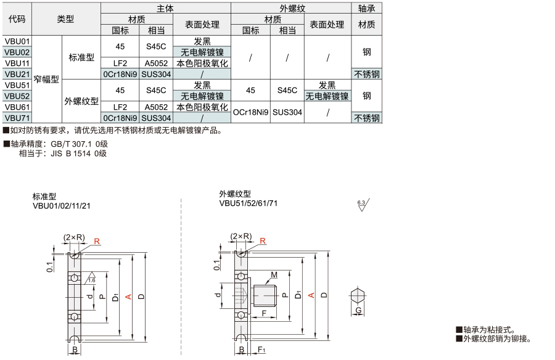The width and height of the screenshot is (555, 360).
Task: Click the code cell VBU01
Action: coord(17,41)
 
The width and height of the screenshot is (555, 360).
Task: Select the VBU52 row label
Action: coord(17,96)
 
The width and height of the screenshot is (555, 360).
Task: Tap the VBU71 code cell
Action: coord(17,118)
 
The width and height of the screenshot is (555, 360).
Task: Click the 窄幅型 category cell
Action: coord(46,80)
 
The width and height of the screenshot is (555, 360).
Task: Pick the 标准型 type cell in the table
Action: coord(81,57)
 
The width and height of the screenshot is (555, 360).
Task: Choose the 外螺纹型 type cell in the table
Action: coord(81,101)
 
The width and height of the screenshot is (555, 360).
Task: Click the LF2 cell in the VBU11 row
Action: coord(120,63)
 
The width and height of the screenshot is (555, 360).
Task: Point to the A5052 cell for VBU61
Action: coord(156,107)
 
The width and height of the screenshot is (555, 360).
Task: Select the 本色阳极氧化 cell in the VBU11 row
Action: coord(202,63)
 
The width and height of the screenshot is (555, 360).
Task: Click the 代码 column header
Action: coord(17,18)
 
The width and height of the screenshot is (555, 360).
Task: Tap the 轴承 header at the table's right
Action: coord(367,8)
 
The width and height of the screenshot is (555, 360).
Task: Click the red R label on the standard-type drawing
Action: coord(97,242)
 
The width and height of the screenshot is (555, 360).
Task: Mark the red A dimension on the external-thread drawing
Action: coord(311,295)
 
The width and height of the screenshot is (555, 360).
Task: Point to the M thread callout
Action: coord(274,275)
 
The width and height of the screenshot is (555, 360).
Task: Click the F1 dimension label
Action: coord(261,350)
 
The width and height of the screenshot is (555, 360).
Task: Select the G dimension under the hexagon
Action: coord(358,311)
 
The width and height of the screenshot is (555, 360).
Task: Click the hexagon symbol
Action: coord(358,295)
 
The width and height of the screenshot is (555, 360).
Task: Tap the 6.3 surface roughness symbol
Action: coord(363,205)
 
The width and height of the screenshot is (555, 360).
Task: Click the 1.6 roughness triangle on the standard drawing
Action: coord(91,278)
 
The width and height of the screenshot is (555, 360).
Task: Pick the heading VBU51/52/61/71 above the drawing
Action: coord(249,203)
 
